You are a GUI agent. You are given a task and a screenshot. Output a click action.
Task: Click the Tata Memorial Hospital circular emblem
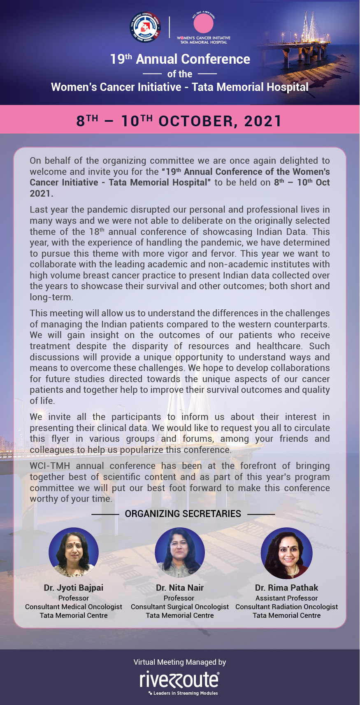145,27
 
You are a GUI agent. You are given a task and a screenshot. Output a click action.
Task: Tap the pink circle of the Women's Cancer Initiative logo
203,23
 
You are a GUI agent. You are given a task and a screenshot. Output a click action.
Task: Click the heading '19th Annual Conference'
180,59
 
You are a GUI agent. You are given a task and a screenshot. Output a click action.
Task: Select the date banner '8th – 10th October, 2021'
179,121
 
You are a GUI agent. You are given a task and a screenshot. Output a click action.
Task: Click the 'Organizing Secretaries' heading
183,514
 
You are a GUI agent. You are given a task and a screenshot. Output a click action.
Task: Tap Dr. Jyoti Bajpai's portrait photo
74,552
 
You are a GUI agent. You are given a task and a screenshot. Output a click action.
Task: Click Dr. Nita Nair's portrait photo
180,552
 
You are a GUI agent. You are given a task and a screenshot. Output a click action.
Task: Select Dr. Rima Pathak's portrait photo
287,553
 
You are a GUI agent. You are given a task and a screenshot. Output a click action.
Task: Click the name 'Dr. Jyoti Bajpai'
74,588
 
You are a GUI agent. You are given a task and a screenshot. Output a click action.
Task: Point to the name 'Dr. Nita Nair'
180,588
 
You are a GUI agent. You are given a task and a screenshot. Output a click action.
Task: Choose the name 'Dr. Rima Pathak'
286,588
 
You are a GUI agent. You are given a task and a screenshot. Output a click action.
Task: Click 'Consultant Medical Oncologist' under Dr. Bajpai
74,607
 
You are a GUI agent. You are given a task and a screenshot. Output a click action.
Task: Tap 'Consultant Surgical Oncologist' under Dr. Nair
180,607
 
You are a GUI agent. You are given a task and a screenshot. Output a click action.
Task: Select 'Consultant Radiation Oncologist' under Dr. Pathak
286,607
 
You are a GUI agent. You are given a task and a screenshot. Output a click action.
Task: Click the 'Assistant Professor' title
286,598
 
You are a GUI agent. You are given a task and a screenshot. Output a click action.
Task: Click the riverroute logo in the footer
179,679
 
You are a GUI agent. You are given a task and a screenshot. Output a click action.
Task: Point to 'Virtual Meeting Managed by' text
180,662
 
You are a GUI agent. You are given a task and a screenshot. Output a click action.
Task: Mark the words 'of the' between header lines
180,74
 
